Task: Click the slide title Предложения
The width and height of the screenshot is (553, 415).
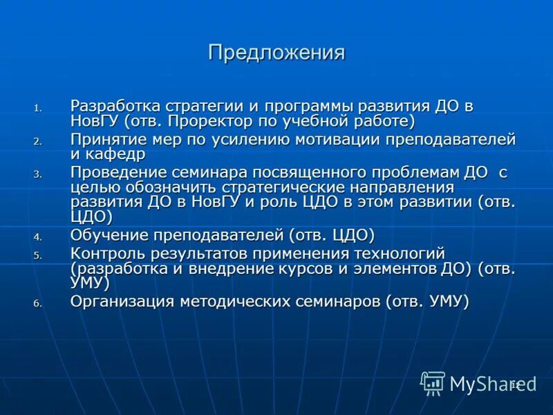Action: pyautogui.click(x=276, y=53)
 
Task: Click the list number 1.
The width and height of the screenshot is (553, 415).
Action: pyautogui.click(x=39, y=108)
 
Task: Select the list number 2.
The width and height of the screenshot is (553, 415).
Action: pyautogui.click(x=39, y=141)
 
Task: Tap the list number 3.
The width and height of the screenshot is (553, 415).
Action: pyautogui.click(x=39, y=174)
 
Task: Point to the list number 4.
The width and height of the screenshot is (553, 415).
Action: pyautogui.click(x=39, y=237)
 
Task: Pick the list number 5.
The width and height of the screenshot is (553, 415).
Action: pyautogui.click(x=39, y=255)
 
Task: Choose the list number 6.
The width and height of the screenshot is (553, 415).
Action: pyautogui.click(x=39, y=303)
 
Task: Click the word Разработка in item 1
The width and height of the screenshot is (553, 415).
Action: pyautogui.click(x=115, y=107)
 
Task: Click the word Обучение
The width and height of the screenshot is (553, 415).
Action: pyautogui.click(x=107, y=234)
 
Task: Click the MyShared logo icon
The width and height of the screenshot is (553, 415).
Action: pyautogui.click(x=433, y=382)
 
